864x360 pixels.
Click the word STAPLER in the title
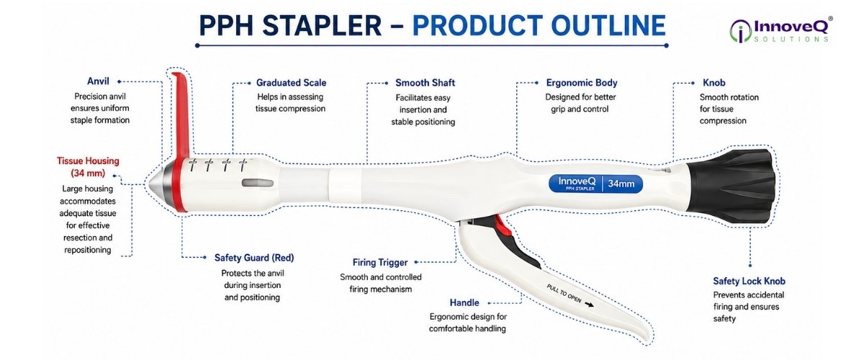[323, 25]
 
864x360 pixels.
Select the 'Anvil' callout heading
[98, 81]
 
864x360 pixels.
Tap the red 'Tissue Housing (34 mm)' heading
[88, 167]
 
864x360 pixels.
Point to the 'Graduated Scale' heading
[291, 83]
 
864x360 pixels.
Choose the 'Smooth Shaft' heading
[425, 83]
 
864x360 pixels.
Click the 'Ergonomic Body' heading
[582, 83]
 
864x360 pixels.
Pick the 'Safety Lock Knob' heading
[749, 281]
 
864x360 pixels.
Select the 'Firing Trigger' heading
[380, 262]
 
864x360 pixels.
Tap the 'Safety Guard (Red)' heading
[254, 258]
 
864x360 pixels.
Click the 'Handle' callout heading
[464, 302]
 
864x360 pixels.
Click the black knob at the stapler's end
[731, 186]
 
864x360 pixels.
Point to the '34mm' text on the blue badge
[621, 184]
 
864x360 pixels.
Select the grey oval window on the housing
[257, 183]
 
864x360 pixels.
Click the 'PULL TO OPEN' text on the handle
[564, 293]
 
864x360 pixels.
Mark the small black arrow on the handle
[589, 305]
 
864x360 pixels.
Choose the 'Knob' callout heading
[714, 83]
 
